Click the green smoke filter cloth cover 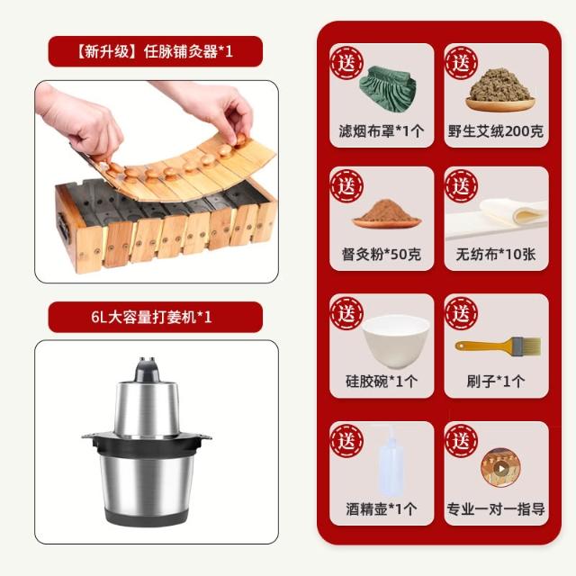point(388,89)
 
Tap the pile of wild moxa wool point(500,86)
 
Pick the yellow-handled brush point(498,346)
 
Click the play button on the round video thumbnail point(500,468)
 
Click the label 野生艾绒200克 point(496,131)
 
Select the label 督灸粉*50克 point(382,254)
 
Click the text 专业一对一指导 point(496,509)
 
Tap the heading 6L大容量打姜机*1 point(151,317)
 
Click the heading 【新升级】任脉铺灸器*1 point(155,51)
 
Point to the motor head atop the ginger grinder point(148,370)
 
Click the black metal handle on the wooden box point(63,226)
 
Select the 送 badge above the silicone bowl point(346,314)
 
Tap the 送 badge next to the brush point(462,314)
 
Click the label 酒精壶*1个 point(382,509)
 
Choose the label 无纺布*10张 point(496,254)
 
